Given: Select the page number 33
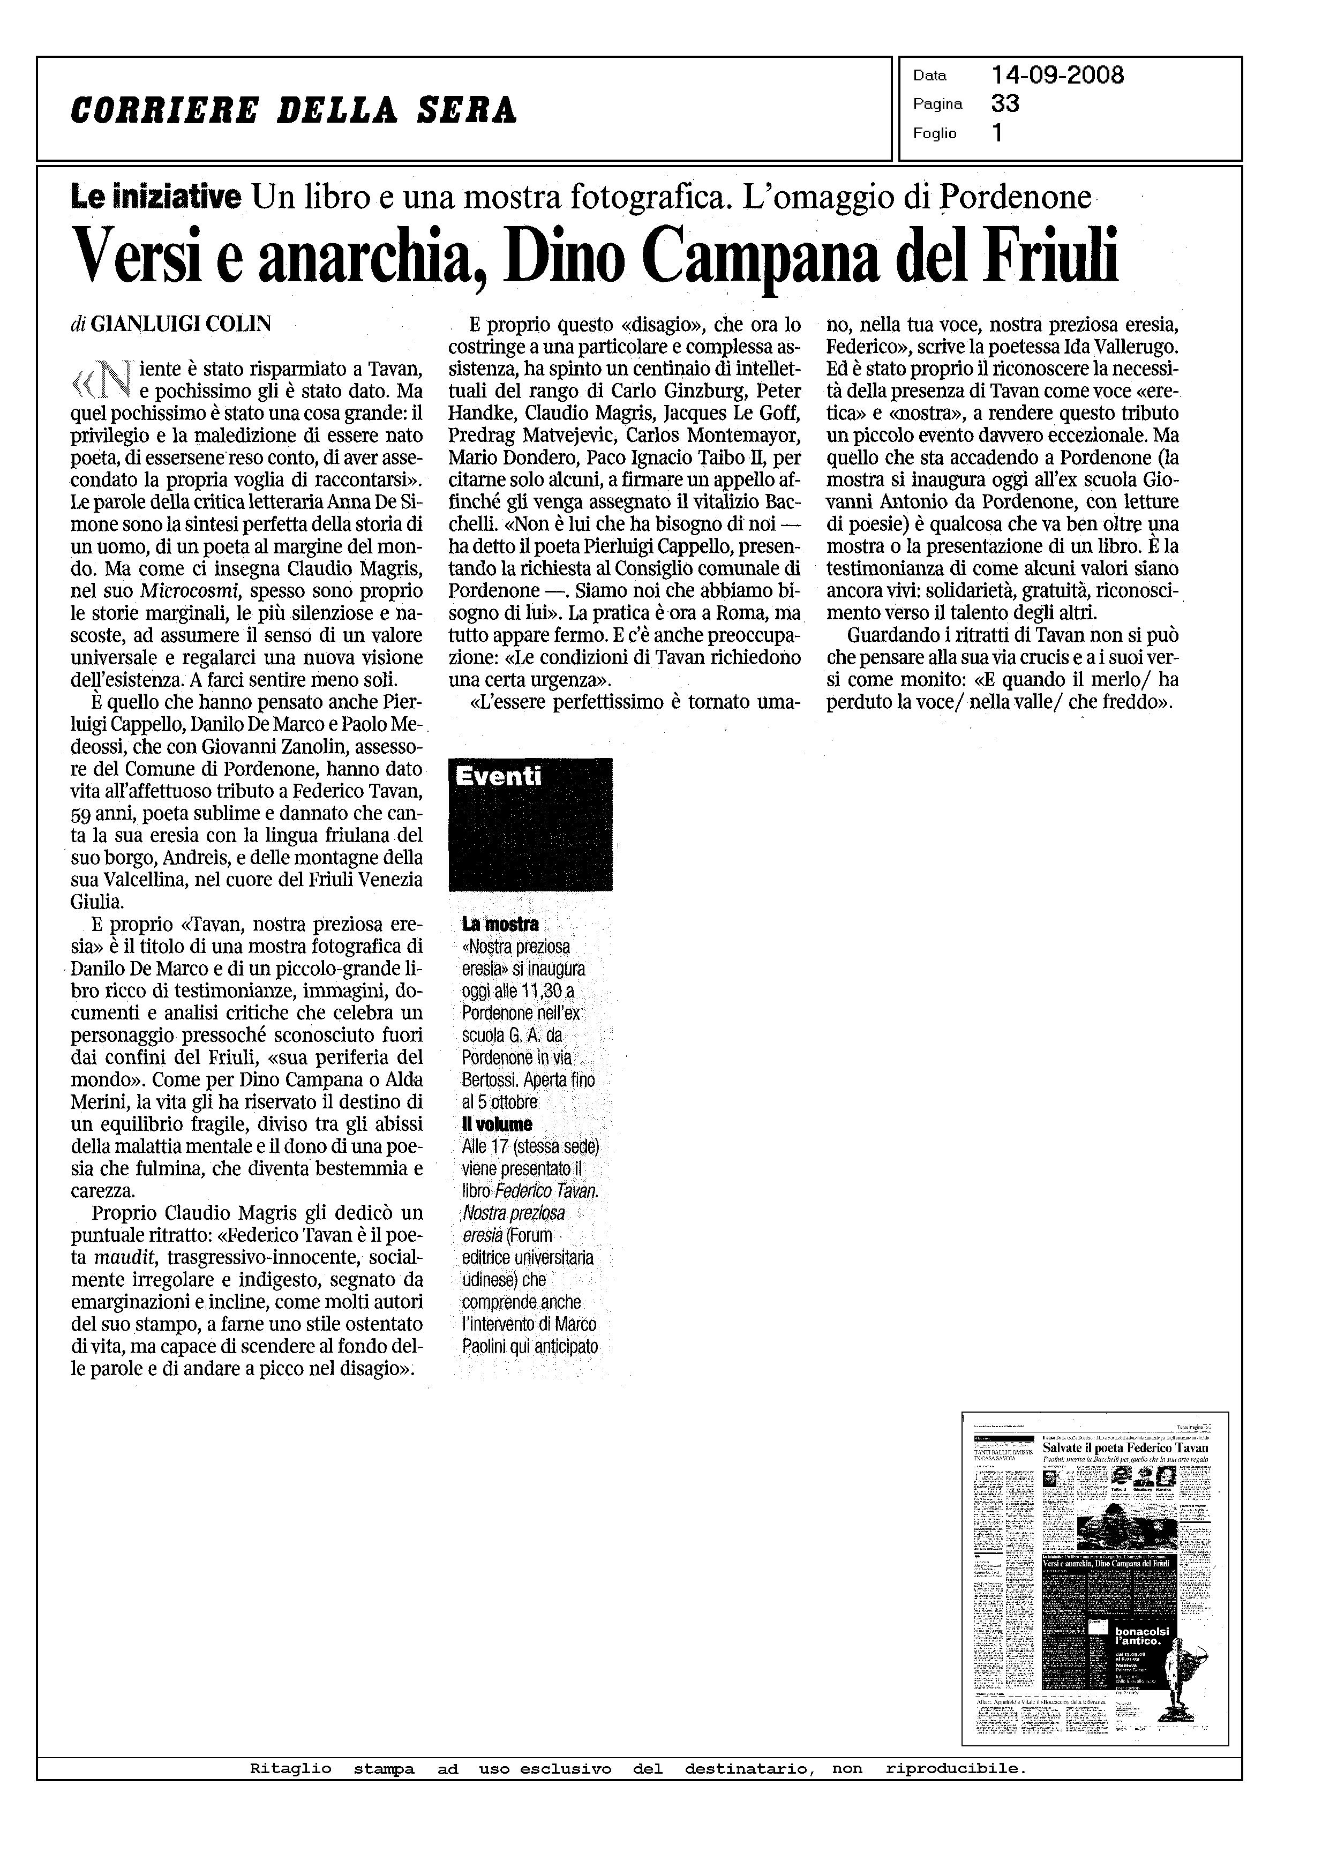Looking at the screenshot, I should (x=1005, y=104).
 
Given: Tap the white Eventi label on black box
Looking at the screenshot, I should (x=499, y=776).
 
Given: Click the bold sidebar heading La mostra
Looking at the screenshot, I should (x=500, y=925).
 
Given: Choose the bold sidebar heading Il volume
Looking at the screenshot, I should (x=497, y=1124).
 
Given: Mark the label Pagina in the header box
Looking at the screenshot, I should (x=937, y=104).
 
